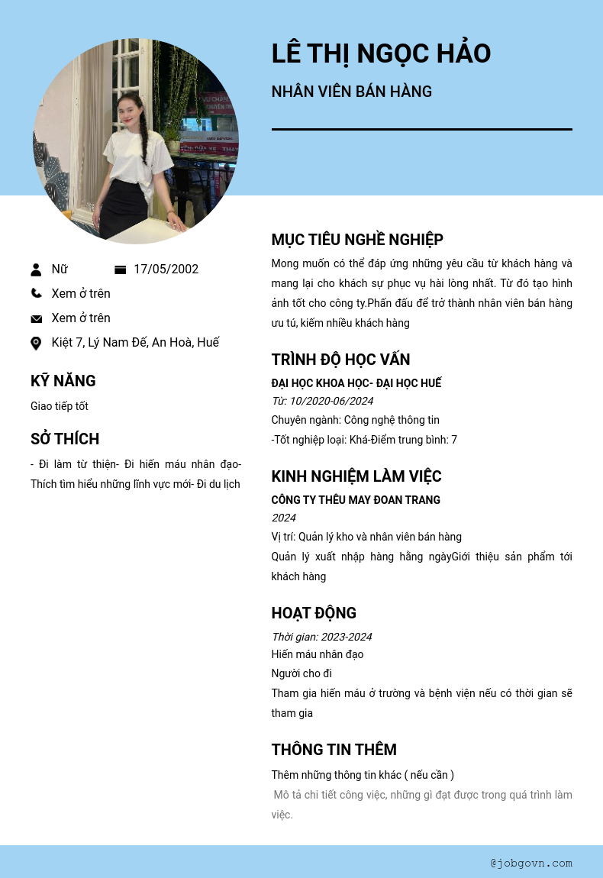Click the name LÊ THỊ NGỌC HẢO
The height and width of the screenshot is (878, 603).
tap(381, 53)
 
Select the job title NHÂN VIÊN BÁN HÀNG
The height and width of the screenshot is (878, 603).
tap(351, 92)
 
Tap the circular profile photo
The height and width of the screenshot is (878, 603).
tap(136, 141)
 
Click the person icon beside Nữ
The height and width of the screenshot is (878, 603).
tap(36, 270)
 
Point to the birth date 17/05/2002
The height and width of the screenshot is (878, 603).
tap(166, 269)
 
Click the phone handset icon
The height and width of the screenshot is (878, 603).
tap(36, 293)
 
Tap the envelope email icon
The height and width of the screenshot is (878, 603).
tap(36, 318)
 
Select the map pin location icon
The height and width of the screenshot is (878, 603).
tap(36, 343)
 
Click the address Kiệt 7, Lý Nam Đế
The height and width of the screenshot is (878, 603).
tap(135, 342)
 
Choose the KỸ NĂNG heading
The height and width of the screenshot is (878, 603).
tap(63, 381)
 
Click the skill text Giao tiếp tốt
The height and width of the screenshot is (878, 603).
tap(60, 406)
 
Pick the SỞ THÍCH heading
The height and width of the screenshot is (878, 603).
tap(65, 439)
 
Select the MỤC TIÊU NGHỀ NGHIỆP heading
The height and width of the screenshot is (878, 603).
tap(357, 240)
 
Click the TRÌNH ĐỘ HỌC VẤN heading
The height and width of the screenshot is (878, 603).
tap(340, 360)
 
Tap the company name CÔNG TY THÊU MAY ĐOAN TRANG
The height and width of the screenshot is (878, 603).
tap(356, 500)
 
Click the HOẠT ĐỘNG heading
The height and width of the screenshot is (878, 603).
tap(314, 613)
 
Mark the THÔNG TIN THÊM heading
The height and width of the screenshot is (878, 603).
tap(334, 750)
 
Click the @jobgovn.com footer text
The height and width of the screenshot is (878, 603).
tap(531, 863)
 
